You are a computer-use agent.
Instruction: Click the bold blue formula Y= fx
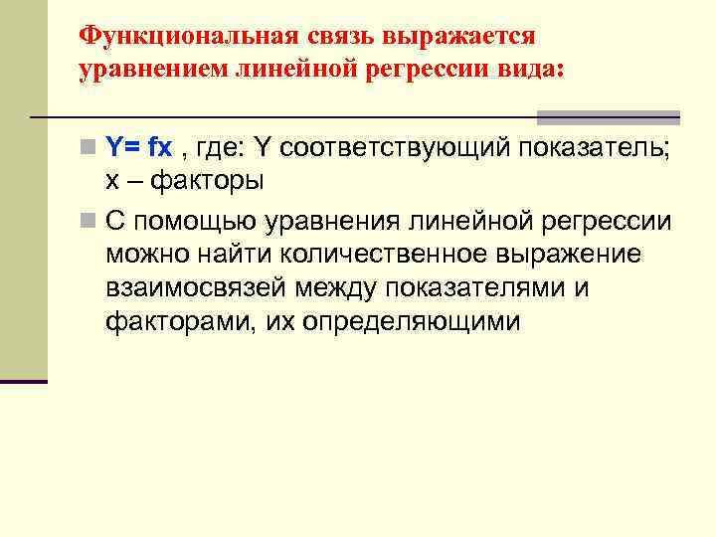click(139, 148)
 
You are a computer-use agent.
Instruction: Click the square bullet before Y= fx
click(89, 149)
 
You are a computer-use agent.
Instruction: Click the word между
click(339, 287)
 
